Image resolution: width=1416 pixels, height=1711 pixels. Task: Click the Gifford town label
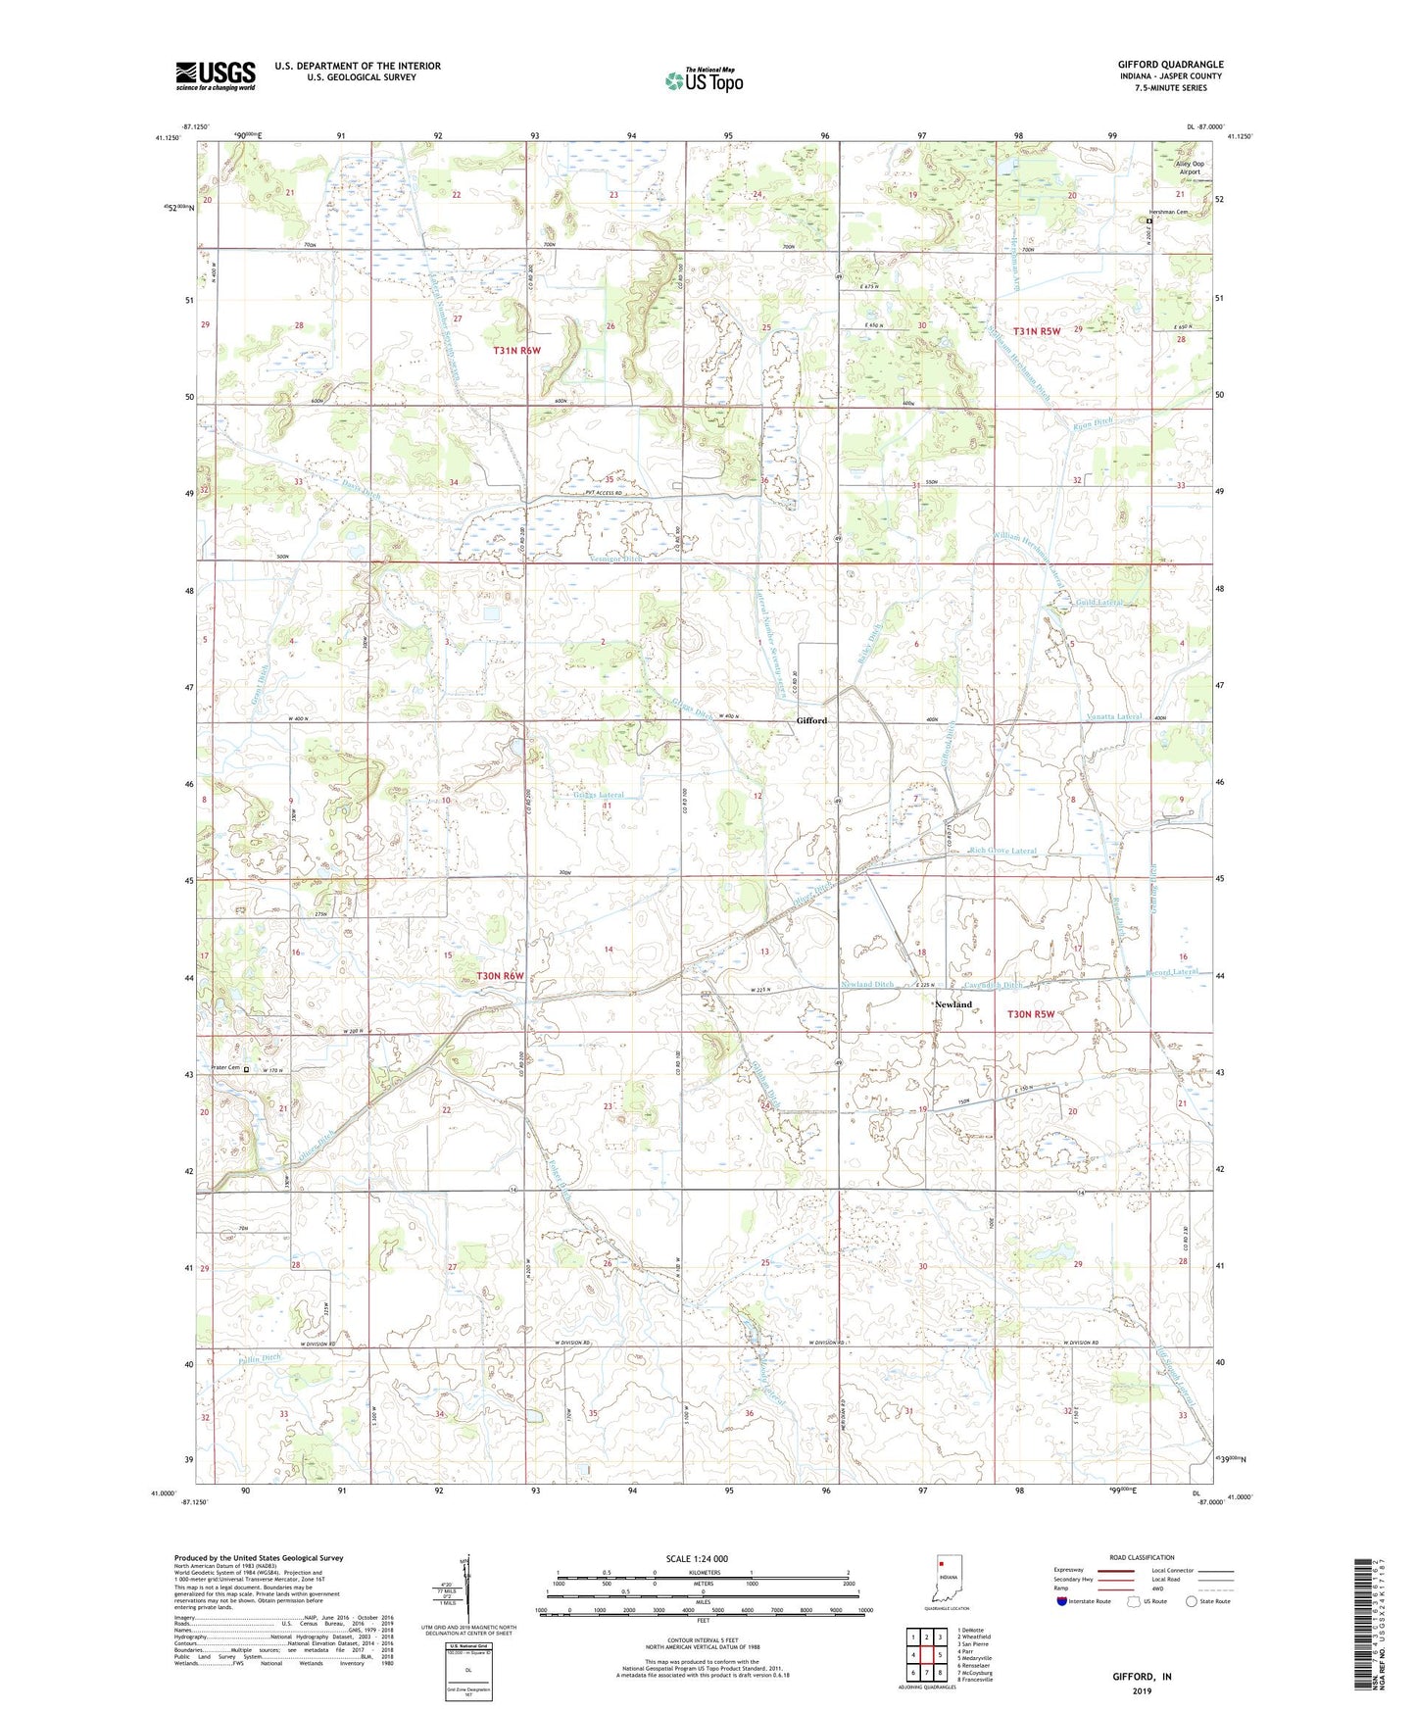[811, 720]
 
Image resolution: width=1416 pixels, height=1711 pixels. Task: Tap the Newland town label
[952, 1004]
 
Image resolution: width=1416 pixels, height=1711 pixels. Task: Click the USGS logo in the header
[216, 75]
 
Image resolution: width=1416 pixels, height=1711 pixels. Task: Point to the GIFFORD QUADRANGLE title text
[1170, 65]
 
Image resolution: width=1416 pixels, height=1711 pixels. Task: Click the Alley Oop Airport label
[1190, 168]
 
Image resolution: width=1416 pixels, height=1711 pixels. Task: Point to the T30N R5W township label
[1030, 1015]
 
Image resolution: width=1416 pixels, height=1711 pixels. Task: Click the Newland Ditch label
[866, 984]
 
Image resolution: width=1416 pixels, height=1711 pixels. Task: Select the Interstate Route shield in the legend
[1062, 1601]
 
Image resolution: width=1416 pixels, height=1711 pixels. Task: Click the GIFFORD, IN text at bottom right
[1142, 1677]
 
